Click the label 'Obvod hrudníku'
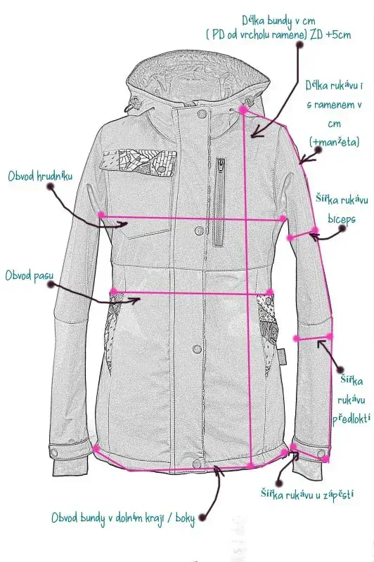coord(40,176)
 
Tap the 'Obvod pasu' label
coord(30,275)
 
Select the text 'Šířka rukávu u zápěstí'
coord(307,495)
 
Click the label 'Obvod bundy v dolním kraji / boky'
coord(123,518)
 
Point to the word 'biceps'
coord(342,219)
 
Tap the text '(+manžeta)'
coord(334,143)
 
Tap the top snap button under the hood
coord(202,114)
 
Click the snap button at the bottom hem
coord(195,464)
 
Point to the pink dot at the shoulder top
coord(243,110)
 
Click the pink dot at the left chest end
coord(101,215)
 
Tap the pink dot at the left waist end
coord(114,291)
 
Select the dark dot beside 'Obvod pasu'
coord(51,285)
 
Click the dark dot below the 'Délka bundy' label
coord(299,45)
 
